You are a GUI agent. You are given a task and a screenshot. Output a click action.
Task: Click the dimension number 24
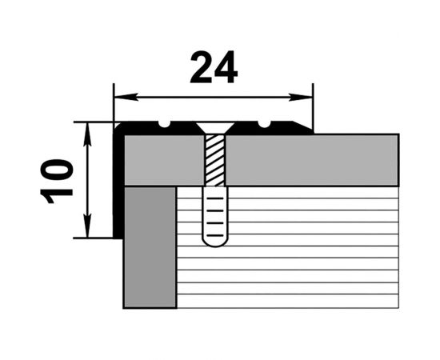(x=214, y=67)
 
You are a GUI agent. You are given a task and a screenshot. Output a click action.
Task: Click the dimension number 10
(x=57, y=182)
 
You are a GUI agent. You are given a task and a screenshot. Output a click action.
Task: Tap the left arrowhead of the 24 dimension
(x=126, y=97)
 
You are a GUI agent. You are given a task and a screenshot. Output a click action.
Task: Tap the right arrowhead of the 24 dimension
(x=301, y=97)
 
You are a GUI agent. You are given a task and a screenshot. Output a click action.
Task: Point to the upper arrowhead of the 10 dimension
(x=88, y=134)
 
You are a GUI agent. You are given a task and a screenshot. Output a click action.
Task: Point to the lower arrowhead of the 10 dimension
(x=88, y=226)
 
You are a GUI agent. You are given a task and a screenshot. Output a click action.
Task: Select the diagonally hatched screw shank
(x=215, y=160)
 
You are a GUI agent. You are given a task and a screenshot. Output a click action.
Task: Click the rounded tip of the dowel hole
(x=215, y=242)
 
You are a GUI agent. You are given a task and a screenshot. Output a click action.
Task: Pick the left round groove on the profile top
(x=165, y=124)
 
